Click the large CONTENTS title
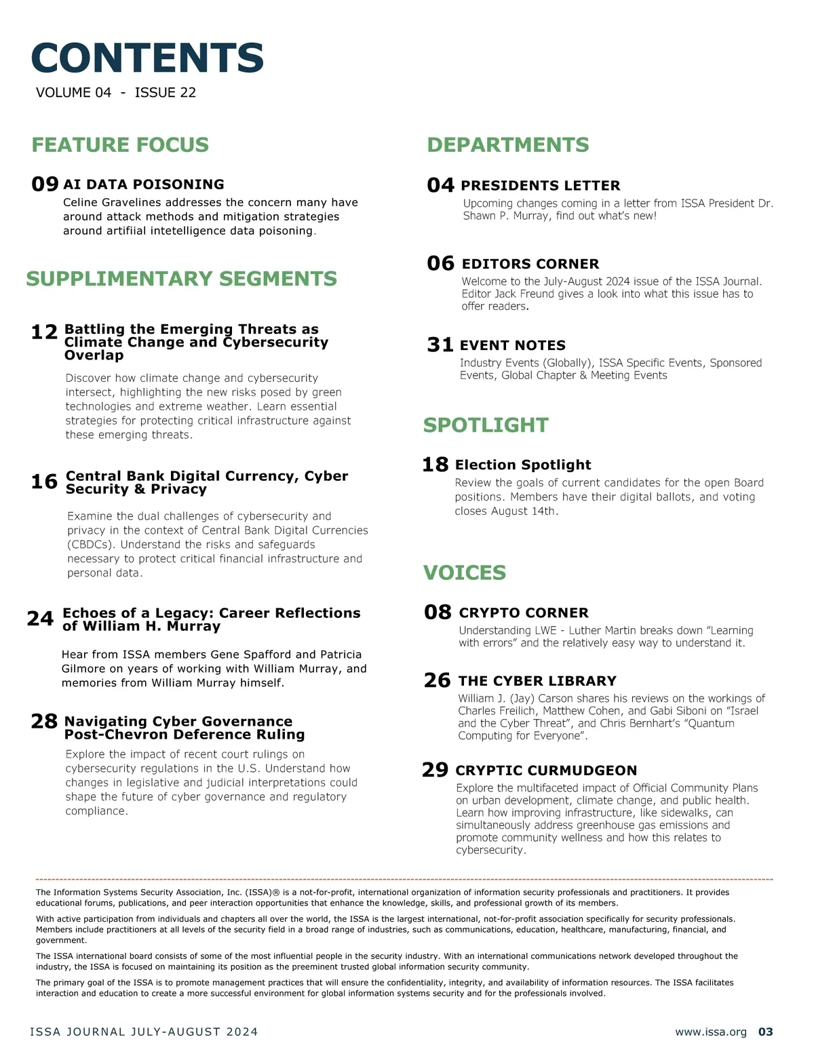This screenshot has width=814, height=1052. click(147, 58)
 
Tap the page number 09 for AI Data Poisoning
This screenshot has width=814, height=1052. click(45, 184)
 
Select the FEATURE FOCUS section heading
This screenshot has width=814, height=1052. click(120, 144)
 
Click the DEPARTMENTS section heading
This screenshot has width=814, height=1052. click(507, 144)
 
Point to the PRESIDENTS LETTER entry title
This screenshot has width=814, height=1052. click(540, 185)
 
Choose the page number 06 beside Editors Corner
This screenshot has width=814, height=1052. click(440, 263)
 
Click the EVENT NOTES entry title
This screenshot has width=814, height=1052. click(512, 345)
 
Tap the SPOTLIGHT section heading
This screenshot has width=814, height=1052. click(486, 425)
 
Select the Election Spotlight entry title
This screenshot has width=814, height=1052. click(523, 465)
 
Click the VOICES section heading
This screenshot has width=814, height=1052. click(465, 572)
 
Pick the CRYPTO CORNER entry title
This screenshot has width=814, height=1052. click(524, 612)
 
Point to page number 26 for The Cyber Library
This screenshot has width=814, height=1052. click(437, 680)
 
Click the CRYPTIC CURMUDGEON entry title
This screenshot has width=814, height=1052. click(546, 771)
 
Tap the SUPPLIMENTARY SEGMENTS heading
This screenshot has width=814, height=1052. click(181, 279)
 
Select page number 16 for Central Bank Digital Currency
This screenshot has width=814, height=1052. click(44, 482)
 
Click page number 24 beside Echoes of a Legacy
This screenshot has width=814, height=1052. click(40, 619)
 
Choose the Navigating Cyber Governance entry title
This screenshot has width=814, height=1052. click(184, 728)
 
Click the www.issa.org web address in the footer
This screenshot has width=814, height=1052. click(710, 1032)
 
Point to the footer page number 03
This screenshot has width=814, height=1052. click(765, 1032)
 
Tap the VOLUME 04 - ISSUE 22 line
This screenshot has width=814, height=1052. click(116, 92)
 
